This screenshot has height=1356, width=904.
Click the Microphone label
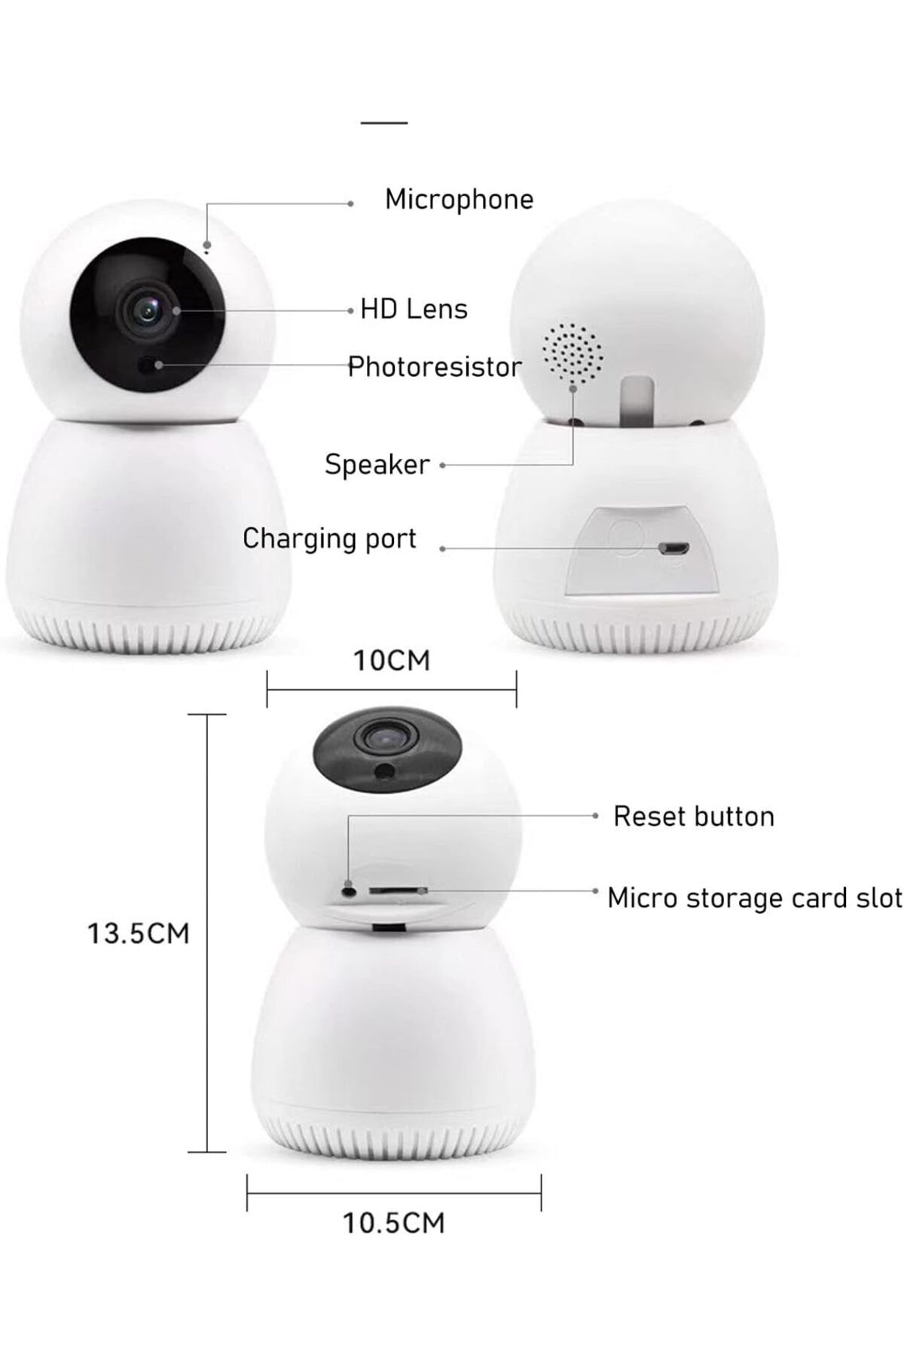click(459, 200)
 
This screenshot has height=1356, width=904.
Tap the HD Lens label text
click(414, 309)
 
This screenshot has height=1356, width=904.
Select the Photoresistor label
click(435, 367)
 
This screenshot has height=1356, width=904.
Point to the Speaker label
click(377, 465)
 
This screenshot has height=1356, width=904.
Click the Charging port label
click(329, 539)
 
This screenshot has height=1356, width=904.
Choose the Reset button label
click(694, 817)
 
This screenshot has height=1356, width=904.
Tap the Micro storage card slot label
click(755, 898)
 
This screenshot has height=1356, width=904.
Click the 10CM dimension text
click(392, 661)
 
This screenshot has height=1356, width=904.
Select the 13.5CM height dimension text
click(139, 934)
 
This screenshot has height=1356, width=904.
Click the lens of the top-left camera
click(148, 309)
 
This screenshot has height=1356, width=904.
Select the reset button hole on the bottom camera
click(349, 890)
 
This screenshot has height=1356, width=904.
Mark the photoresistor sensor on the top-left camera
click(153, 365)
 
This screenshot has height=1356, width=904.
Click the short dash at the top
click(384, 122)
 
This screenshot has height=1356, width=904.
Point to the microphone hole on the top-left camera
click(206, 243)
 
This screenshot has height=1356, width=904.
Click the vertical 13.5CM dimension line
click(206, 933)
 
